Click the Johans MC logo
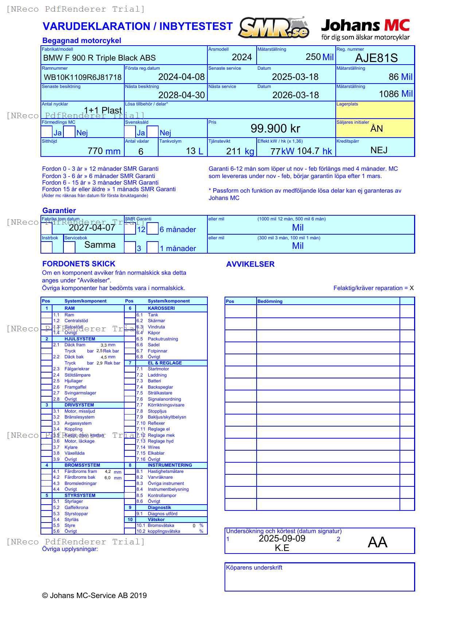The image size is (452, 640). [x=365, y=29]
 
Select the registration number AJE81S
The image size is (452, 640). [x=376, y=58]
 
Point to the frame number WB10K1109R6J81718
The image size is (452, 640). [x=82, y=77]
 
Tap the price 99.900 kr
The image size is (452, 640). [x=275, y=128]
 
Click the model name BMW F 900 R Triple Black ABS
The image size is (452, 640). [x=99, y=58]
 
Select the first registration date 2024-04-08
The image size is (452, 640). [x=181, y=77]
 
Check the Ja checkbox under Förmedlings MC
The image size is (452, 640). [x=47, y=132]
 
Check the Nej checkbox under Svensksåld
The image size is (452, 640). [x=153, y=132]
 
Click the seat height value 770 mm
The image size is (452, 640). [x=104, y=151]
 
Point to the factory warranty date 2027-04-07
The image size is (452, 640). [x=92, y=228]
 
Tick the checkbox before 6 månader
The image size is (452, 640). [x=153, y=228]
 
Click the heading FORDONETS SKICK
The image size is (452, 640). [x=79, y=264]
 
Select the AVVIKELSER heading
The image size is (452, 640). [x=250, y=264]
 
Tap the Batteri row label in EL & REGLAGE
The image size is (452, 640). [x=154, y=381]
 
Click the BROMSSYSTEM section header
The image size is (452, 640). [x=82, y=465]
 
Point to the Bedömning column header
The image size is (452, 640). [x=270, y=301]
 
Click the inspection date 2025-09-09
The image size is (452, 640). [x=282, y=539]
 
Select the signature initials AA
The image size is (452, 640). [x=377, y=542]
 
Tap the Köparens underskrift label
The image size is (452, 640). [x=254, y=568]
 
